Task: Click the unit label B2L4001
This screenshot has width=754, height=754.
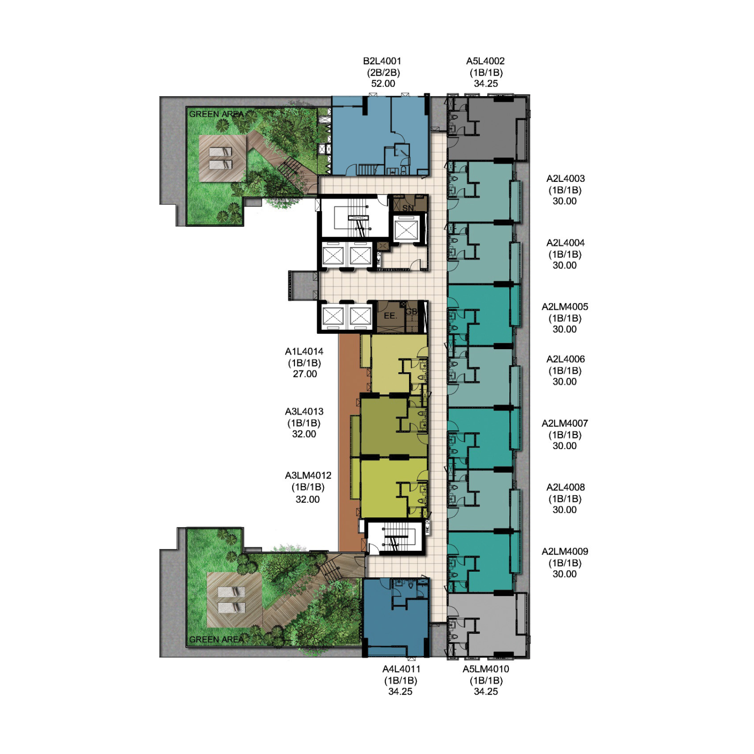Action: (x=382, y=61)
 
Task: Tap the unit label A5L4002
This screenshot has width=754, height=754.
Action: (x=485, y=61)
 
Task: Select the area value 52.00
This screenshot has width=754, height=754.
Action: (x=383, y=84)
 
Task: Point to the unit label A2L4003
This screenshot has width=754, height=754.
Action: (x=565, y=179)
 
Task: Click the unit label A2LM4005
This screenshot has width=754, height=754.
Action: (x=565, y=307)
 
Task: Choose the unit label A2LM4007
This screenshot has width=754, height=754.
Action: (x=565, y=423)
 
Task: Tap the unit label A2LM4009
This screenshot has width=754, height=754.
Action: (x=565, y=551)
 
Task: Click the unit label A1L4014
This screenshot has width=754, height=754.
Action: (x=304, y=352)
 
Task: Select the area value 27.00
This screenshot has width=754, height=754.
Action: (x=305, y=374)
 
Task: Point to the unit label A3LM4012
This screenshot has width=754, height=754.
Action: (x=308, y=475)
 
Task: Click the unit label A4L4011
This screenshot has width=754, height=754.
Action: (x=401, y=669)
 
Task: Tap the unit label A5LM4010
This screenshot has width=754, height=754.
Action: (x=485, y=669)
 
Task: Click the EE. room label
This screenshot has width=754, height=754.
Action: (x=390, y=316)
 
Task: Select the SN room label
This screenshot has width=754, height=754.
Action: (x=408, y=208)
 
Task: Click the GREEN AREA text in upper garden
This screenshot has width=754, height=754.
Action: (x=216, y=115)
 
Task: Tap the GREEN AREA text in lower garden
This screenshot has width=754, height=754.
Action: (x=216, y=639)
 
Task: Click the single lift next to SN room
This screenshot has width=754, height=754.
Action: (x=406, y=230)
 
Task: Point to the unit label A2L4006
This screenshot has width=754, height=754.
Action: (x=565, y=359)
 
